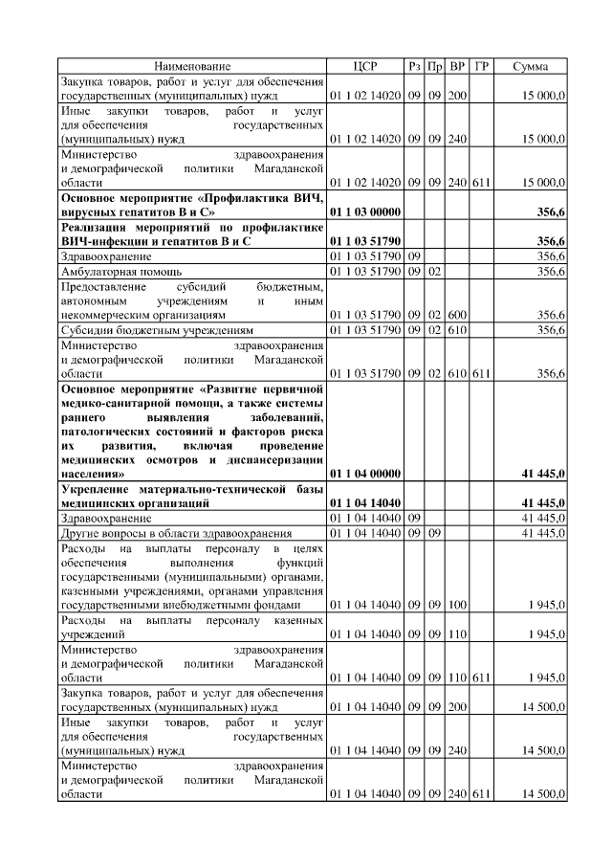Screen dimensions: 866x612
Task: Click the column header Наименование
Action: [191, 67]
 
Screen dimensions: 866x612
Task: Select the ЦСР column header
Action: [364, 67]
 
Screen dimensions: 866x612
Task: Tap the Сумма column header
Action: [530, 67]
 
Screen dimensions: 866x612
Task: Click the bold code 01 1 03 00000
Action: [364, 211]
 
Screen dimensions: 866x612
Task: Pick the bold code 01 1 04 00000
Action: [364, 474]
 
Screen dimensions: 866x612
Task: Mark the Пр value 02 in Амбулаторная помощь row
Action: [435, 272]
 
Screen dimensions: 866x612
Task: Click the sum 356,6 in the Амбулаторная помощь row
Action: [550, 272]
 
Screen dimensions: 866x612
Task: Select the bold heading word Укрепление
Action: [97, 489]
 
